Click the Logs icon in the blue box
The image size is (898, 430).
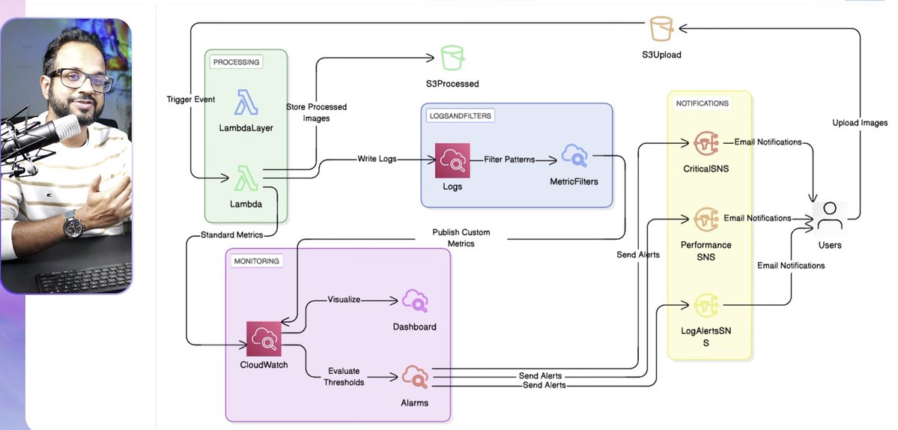point(452,160)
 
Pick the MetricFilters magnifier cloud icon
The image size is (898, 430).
point(574,157)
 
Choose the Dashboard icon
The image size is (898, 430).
point(414,301)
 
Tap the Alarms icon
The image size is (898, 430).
point(414,376)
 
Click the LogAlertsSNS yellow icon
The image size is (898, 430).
point(706,305)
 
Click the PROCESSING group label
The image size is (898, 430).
point(236,62)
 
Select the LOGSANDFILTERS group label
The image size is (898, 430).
point(461,115)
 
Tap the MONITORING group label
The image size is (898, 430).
point(256,261)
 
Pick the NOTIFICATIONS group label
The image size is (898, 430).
point(702,103)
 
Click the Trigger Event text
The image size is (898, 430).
point(190,100)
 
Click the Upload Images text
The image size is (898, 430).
point(860,123)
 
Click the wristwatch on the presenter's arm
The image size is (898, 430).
point(71,222)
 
